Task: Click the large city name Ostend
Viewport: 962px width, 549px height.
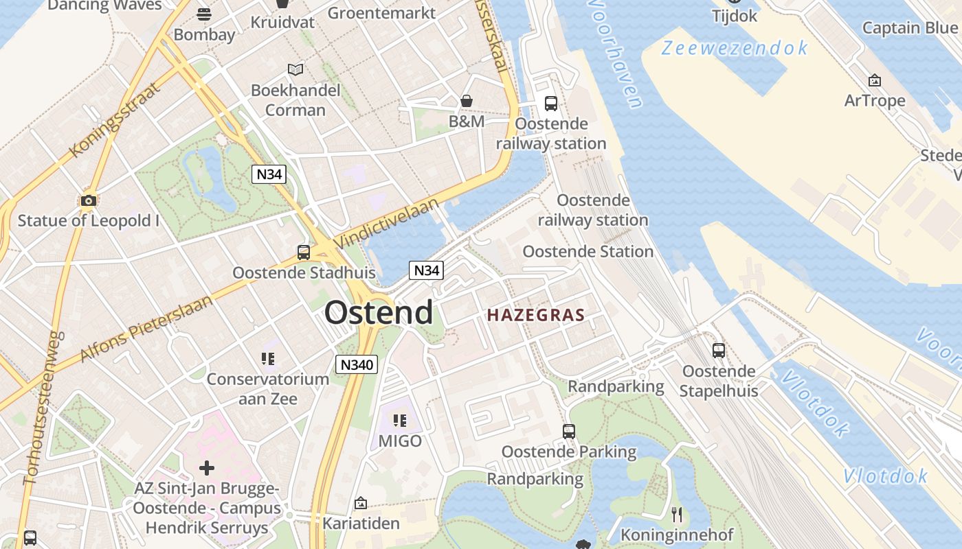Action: pos(379,313)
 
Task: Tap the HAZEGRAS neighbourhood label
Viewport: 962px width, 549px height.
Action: pos(535,316)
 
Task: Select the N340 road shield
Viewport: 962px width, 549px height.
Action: pos(357,364)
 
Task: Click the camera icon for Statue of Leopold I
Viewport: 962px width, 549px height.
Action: pos(88,200)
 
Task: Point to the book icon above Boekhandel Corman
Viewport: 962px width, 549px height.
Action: pos(295,70)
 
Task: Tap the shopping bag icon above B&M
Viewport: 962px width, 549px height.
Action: pos(467,102)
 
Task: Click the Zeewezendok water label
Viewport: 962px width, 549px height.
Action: pos(735,48)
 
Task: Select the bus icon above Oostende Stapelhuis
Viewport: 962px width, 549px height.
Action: pos(718,351)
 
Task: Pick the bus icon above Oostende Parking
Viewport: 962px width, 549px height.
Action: pos(568,432)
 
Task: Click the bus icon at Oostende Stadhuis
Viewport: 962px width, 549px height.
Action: pos(304,253)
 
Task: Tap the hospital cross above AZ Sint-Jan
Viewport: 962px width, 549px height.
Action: pos(206,468)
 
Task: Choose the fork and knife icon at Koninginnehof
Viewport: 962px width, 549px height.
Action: pos(677,514)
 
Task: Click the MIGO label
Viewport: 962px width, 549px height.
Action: pos(400,441)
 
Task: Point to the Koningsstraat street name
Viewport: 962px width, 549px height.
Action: pos(115,119)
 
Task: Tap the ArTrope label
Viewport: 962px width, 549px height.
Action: pos(875,101)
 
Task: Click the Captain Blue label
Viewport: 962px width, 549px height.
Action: pos(909,27)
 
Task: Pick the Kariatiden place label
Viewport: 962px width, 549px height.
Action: pos(361,524)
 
